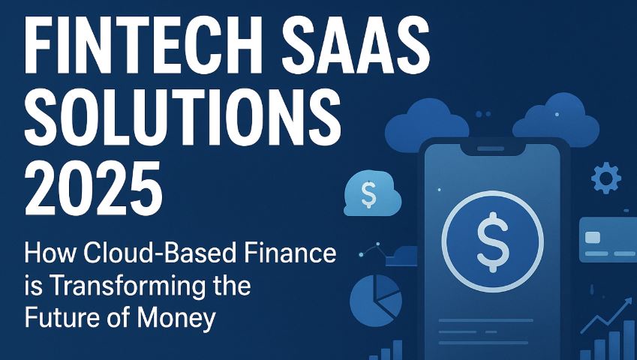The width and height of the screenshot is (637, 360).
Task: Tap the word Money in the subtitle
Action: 176,319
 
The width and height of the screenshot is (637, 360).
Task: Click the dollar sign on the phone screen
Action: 492,242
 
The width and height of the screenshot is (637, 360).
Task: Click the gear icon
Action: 605,178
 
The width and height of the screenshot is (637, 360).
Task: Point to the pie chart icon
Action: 376,300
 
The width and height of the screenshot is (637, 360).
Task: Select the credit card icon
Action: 608,239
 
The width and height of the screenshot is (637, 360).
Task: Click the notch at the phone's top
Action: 491,149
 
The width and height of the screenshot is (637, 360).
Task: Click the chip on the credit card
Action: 592,237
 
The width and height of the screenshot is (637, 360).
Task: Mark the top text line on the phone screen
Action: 486,321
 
